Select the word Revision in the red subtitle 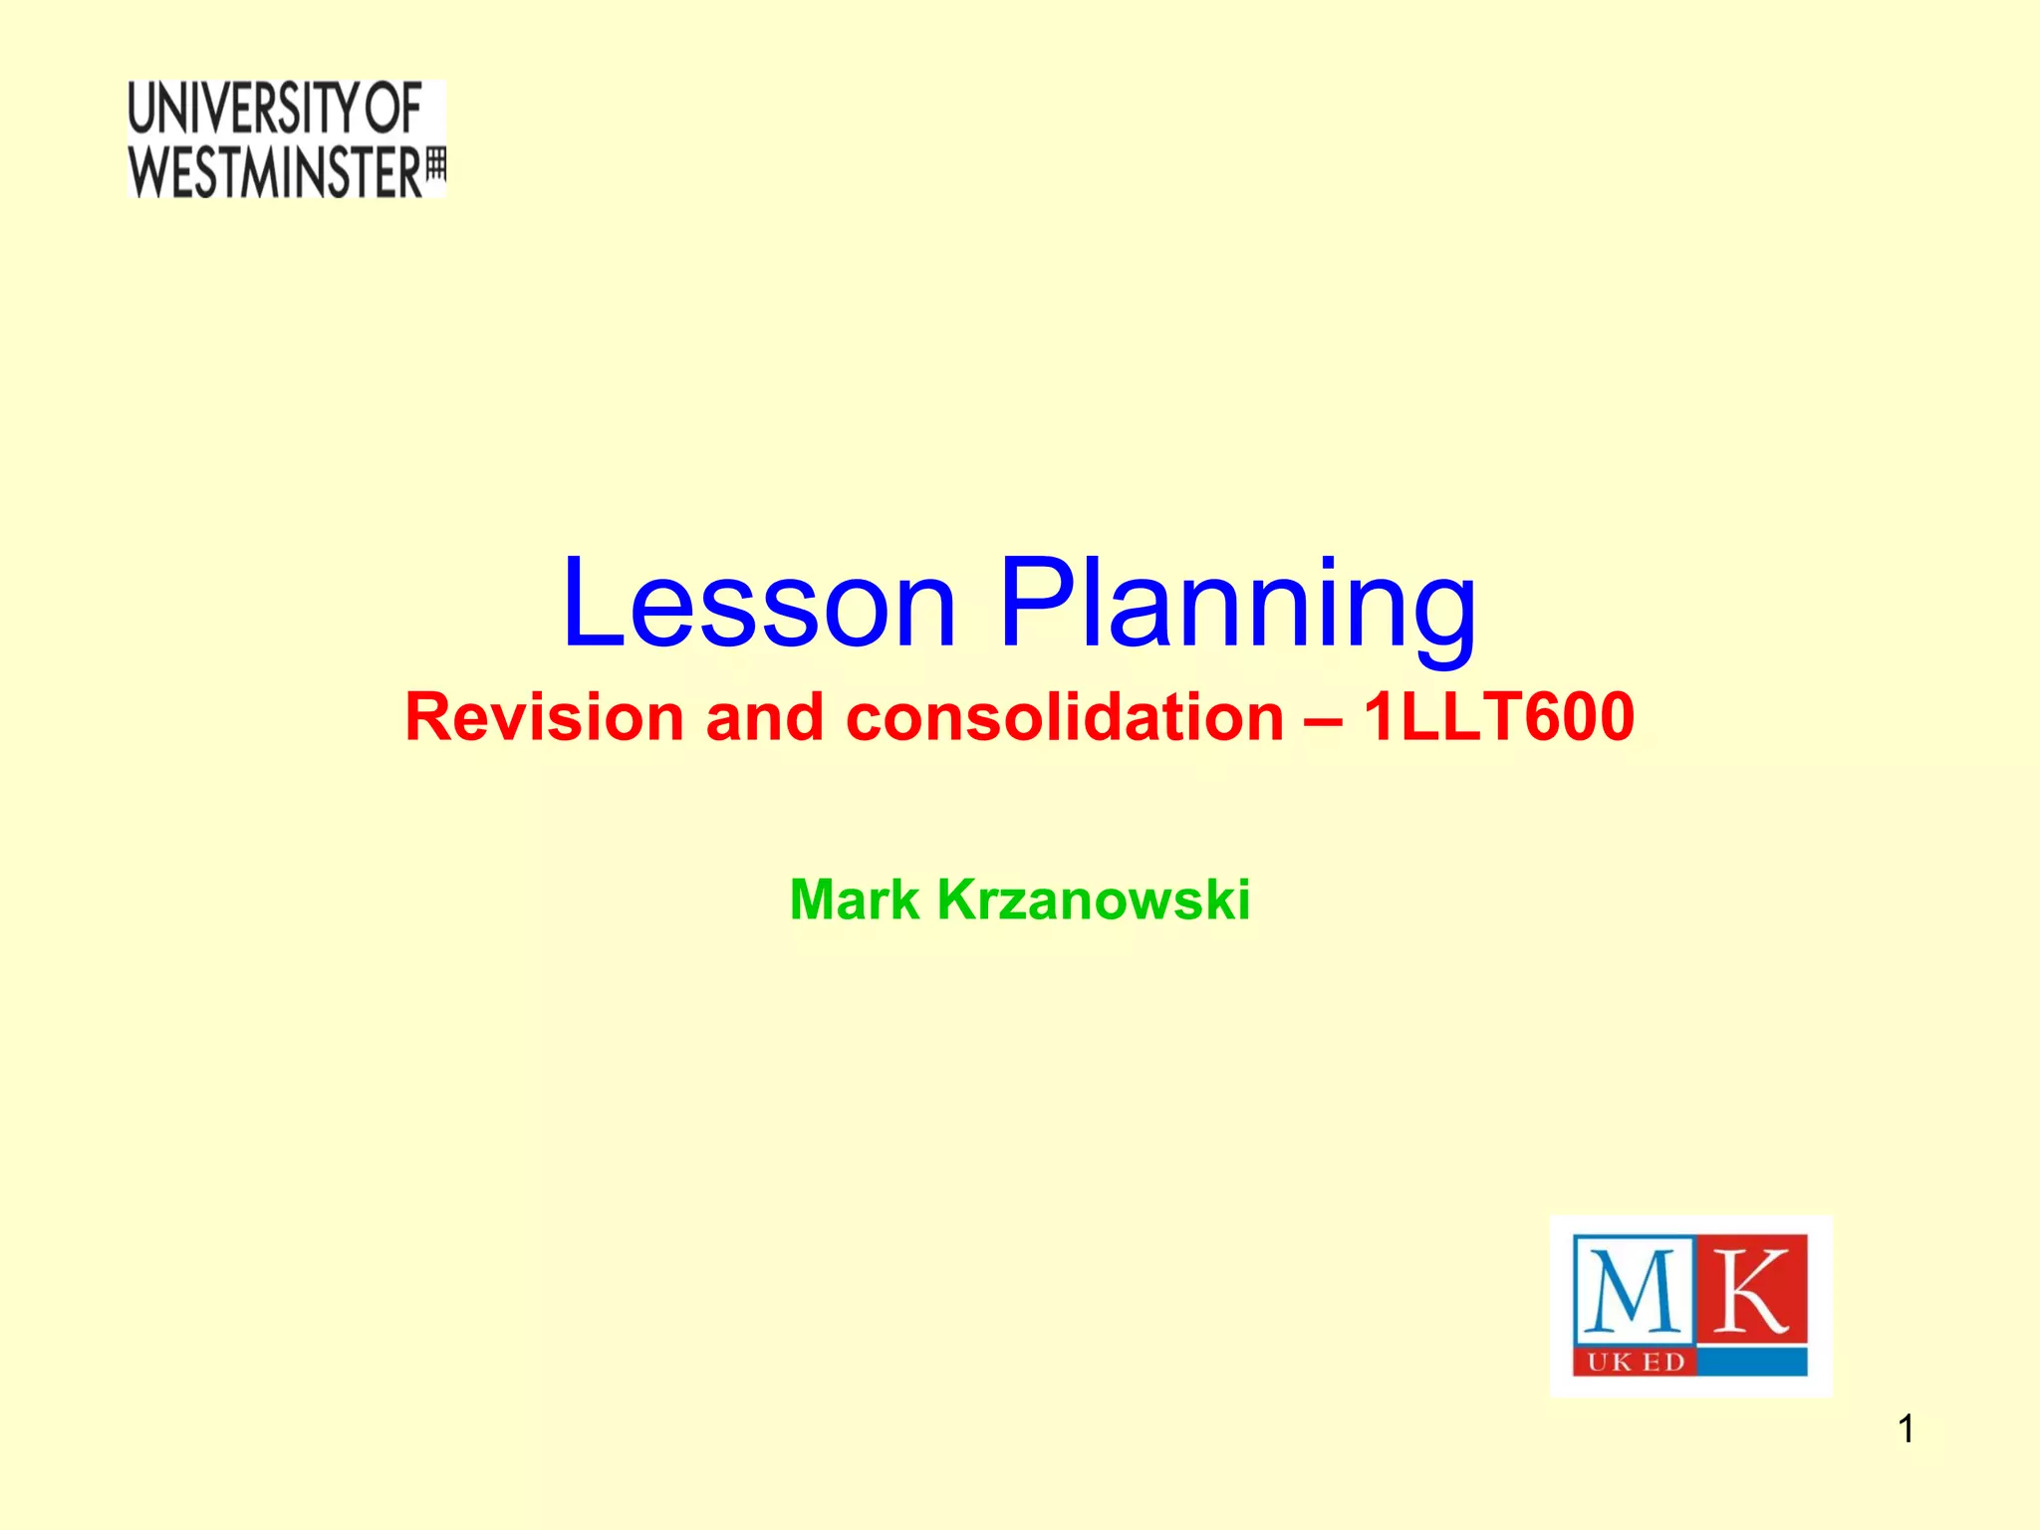[x=544, y=717]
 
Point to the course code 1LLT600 [x=1498, y=717]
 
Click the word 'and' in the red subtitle [x=765, y=717]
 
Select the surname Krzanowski [x=1093, y=899]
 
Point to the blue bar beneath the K [x=1751, y=1363]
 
